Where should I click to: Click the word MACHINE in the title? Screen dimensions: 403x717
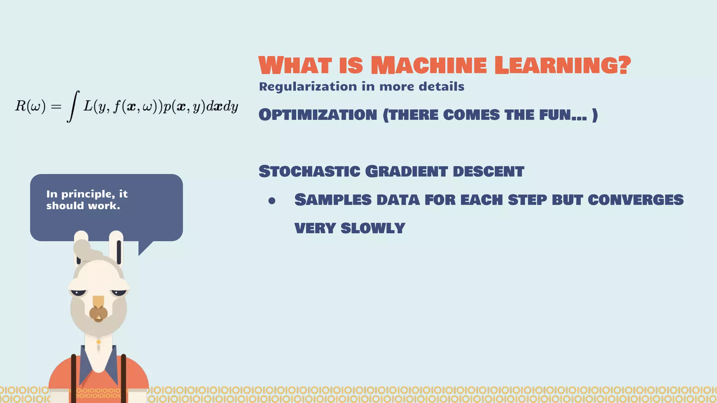[429, 65]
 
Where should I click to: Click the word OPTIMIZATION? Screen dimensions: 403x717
[318, 115]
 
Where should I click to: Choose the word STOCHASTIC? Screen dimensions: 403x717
[309, 171]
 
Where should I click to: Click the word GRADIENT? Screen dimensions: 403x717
[406, 171]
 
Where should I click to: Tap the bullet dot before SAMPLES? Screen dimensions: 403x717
[272, 201]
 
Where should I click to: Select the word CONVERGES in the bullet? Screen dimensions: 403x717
[635, 200]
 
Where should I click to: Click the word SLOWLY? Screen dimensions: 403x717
[373, 228]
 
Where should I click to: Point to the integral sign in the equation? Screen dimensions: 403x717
[72, 106]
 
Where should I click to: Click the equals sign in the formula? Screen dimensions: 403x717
[56, 106]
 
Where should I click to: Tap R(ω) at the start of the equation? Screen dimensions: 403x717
[30, 106]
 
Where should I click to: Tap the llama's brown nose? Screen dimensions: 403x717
[98, 313]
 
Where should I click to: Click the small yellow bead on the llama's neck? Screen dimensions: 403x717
[99, 342]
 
